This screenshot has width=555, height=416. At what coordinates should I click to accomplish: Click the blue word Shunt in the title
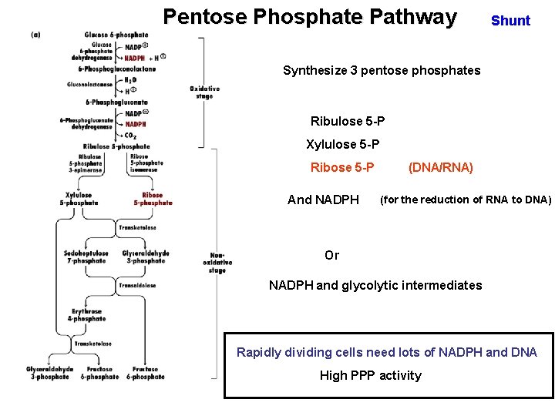coord(510,21)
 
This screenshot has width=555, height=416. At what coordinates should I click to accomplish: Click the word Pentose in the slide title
coord(203,17)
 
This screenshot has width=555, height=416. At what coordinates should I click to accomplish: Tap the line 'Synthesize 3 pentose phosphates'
coord(382,71)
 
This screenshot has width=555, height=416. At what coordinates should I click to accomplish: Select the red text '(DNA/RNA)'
coord(440,168)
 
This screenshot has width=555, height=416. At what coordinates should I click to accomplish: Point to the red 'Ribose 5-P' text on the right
coord(342,168)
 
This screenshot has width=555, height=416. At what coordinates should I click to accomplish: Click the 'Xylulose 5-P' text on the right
coord(342,145)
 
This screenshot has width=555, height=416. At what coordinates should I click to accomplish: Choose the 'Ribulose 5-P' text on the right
coord(348,122)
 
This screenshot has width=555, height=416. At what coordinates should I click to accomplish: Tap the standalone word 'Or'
coord(331,256)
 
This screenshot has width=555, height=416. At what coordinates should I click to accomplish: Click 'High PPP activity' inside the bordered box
coord(371,376)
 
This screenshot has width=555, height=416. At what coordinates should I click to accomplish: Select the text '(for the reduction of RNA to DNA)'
coord(466,200)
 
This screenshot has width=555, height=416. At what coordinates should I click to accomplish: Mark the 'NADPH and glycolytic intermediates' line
coord(375,286)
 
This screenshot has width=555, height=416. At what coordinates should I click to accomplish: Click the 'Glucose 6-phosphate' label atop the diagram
coord(116,35)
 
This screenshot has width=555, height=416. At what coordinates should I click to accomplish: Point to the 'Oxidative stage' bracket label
coord(204,92)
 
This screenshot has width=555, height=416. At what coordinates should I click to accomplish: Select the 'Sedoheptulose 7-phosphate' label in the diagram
coord(86,257)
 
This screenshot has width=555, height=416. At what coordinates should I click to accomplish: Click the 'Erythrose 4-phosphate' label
coord(86,315)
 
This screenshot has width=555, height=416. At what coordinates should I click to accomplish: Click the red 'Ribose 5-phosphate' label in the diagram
coord(153,199)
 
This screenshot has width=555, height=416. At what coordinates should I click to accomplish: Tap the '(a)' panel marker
coord(36,35)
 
